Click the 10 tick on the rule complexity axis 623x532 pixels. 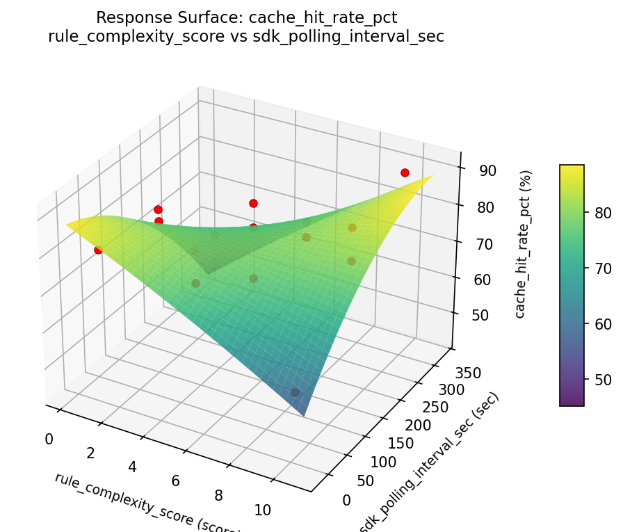click(262, 510)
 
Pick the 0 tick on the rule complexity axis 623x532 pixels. click(49, 439)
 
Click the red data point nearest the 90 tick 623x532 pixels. click(405, 172)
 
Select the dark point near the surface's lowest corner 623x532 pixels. click(295, 392)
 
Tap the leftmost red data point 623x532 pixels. click(98, 250)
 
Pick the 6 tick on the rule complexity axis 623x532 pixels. click(175, 481)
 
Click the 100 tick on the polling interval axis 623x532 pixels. click(384, 462)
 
